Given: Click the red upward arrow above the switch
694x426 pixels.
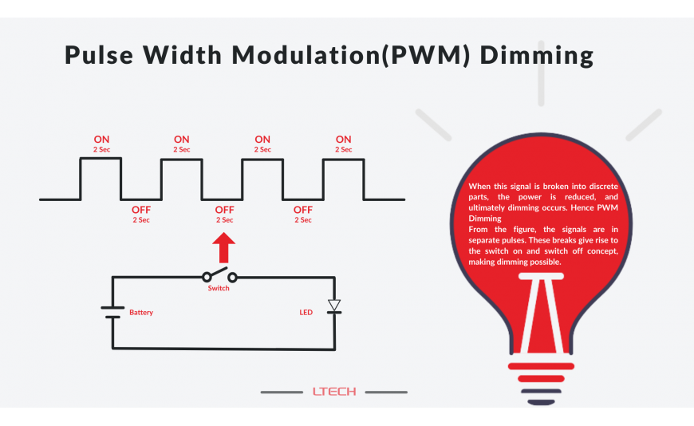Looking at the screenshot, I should pyautogui.click(x=224, y=247).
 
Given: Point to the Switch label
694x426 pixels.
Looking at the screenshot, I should pyautogui.click(x=219, y=288).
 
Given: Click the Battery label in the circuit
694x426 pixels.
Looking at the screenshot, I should pyautogui.click(x=141, y=313).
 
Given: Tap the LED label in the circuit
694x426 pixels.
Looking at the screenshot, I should pyautogui.click(x=306, y=313).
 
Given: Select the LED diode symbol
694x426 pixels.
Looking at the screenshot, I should pyautogui.click(x=334, y=306).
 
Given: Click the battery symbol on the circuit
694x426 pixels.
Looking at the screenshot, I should pyautogui.click(x=112, y=312).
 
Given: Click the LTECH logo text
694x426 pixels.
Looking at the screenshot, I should pyautogui.click(x=334, y=392).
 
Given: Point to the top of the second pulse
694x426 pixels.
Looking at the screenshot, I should pyautogui.click(x=181, y=159).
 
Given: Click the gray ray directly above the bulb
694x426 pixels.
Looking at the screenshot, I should pyautogui.click(x=542, y=85).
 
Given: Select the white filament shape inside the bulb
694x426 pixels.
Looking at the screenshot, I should pyautogui.click(x=541, y=311).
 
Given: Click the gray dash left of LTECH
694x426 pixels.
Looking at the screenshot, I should pyautogui.click(x=281, y=392).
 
